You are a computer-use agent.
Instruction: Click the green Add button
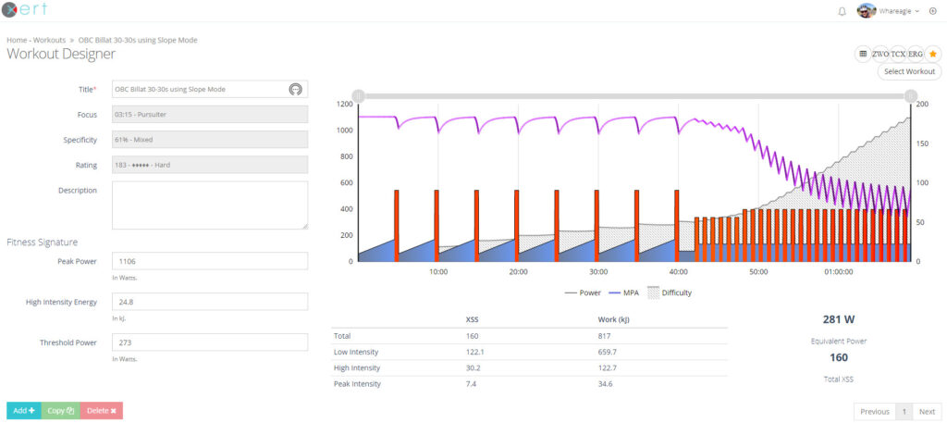pyautogui.click(x=23, y=410)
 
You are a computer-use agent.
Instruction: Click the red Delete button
pyautogui.click(x=101, y=410)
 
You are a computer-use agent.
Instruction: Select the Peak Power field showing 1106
pyautogui.click(x=209, y=261)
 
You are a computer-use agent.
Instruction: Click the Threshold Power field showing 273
pyautogui.click(x=209, y=342)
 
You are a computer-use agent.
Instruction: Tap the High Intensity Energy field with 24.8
pyautogui.click(x=209, y=302)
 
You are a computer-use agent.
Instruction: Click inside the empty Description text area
pyautogui.click(x=209, y=205)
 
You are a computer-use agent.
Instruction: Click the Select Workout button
pyautogui.click(x=909, y=71)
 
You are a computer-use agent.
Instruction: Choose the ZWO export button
pyautogui.click(x=880, y=54)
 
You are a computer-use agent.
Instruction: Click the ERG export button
pyautogui.click(x=916, y=54)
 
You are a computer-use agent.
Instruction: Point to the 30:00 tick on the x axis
pyautogui.click(x=598, y=272)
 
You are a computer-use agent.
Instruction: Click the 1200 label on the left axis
pyautogui.click(x=345, y=104)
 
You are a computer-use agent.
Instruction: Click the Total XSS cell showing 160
pyautogui.click(x=473, y=335)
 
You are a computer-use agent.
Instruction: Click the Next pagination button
pyautogui.click(x=927, y=411)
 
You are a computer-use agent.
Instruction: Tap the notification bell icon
pyautogui.click(x=842, y=11)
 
